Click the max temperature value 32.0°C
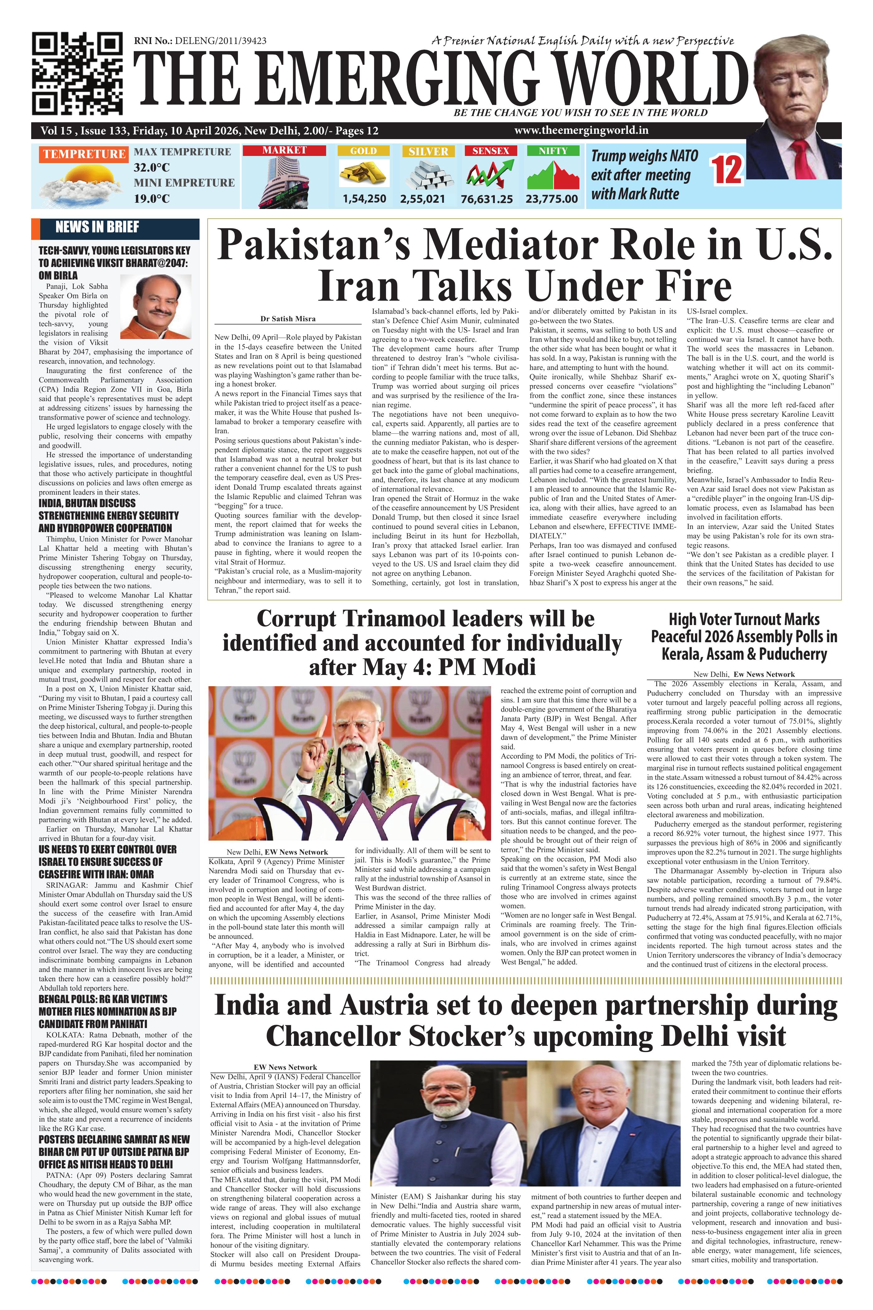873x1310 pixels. tap(152, 167)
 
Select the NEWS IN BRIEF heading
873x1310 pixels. tap(97, 227)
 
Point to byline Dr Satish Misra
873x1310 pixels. tap(288, 319)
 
